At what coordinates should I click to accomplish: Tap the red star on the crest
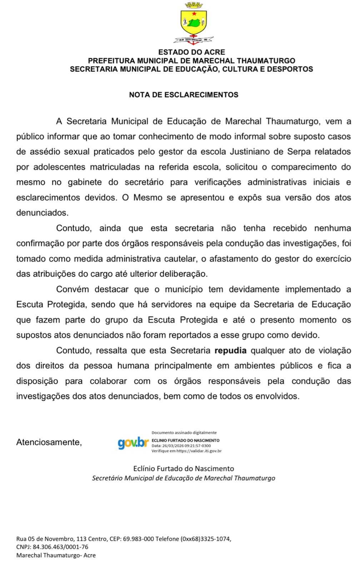tap(194, 14)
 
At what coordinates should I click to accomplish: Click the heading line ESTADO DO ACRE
tap(191, 52)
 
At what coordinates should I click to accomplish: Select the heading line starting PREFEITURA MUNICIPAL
tap(191, 61)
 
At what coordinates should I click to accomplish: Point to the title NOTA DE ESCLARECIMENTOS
tap(184, 95)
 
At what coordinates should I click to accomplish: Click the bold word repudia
tap(230, 350)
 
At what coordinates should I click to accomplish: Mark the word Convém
tap(72, 289)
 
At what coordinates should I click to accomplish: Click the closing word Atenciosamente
tap(49, 442)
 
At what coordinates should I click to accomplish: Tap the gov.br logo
tap(133, 443)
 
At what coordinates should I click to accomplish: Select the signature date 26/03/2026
tap(174, 446)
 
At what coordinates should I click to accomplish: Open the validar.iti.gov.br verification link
tap(199, 451)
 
